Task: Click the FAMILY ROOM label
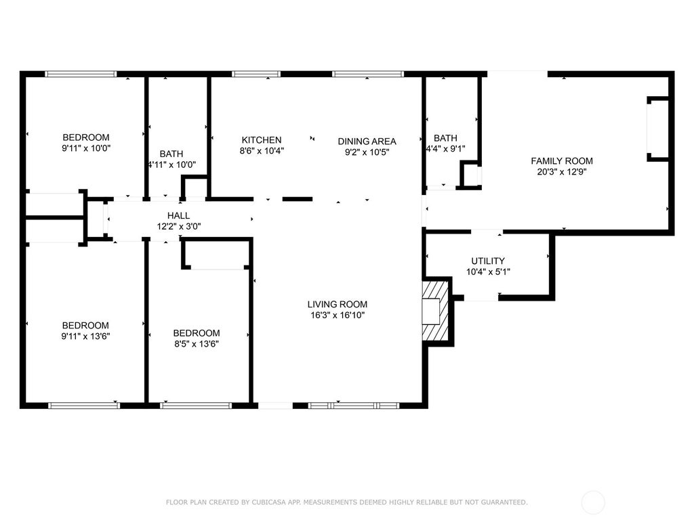(x=562, y=161)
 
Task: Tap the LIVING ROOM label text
(x=338, y=304)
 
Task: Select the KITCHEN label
(x=262, y=139)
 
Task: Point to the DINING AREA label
(x=367, y=142)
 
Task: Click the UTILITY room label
(x=488, y=261)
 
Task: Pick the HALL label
(x=178, y=216)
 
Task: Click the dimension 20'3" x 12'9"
(x=562, y=172)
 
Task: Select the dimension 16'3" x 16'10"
(x=338, y=316)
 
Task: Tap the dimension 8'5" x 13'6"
(x=197, y=344)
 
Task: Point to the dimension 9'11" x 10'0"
(x=86, y=148)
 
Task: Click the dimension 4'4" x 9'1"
(x=446, y=149)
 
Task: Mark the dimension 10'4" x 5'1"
(x=488, y=272)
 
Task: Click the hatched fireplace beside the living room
(x=436, y=311)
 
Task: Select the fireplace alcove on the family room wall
(x=658, y=129)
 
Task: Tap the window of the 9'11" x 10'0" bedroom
(x=81, y=74)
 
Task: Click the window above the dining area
(x=368, y=74)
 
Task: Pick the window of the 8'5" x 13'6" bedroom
(x=196, y=405)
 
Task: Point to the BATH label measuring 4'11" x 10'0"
(x=171, y=154)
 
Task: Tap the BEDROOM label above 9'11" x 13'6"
(x=85, y=326)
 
